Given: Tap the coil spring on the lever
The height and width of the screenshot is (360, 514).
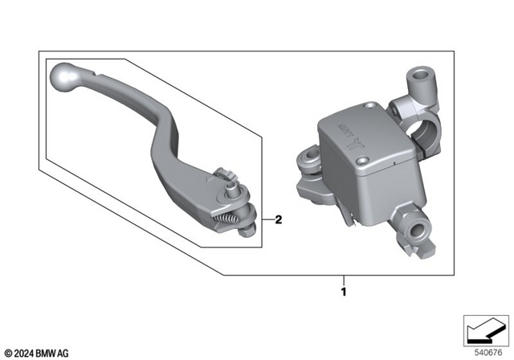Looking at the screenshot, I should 229,215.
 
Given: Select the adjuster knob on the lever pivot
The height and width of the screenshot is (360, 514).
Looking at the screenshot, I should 225,174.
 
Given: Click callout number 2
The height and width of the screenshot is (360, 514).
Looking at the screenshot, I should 278,219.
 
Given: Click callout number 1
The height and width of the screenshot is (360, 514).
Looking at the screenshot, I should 345,292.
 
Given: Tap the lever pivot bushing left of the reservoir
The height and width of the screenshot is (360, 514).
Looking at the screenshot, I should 308,162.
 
